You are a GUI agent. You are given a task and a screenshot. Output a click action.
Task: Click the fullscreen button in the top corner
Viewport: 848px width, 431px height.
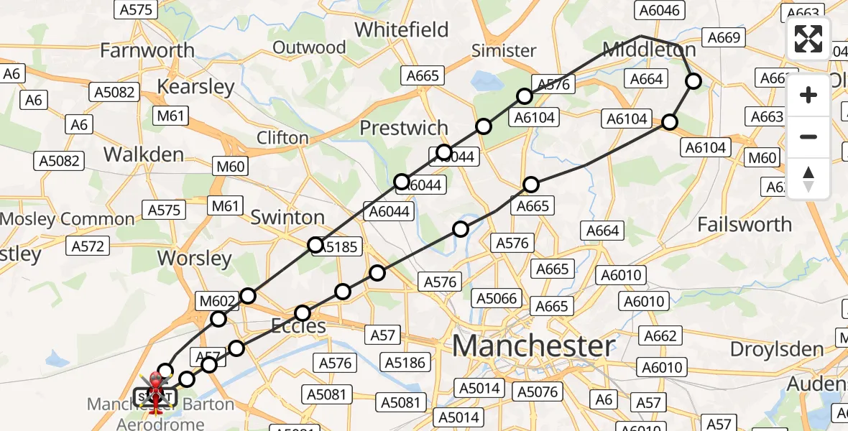click(808, 39)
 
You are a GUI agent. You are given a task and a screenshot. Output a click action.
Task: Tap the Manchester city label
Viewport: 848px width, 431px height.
click(533, 346)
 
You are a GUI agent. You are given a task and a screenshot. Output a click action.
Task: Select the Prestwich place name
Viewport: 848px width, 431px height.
click(403, 128)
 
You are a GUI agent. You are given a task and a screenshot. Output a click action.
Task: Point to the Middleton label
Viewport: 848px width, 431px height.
click(649, 50)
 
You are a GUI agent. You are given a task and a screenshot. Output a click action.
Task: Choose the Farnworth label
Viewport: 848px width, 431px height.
click(147, 50)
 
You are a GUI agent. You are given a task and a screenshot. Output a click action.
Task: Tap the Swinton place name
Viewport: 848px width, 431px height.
click(287, 217)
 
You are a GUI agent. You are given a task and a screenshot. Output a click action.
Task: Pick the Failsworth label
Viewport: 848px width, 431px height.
click(745, 224)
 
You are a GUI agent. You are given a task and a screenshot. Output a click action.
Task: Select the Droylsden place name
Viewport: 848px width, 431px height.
click(776, 349)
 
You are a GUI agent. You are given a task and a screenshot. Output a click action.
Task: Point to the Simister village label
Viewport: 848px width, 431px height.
click(503, 50)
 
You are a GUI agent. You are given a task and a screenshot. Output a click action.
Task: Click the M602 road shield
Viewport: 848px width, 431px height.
click(218, 301)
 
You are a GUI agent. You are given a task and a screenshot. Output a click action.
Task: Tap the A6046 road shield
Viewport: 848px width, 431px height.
click(659, 9)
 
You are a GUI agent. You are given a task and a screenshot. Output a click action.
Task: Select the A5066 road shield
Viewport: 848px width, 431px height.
click(494, 297)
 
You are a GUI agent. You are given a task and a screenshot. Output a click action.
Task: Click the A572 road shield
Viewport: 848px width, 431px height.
click(88, 246)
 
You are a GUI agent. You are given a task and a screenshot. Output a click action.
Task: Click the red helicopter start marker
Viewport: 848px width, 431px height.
click(155, 389)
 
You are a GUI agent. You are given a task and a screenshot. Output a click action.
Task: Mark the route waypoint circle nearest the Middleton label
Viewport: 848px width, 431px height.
click(693, 81)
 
